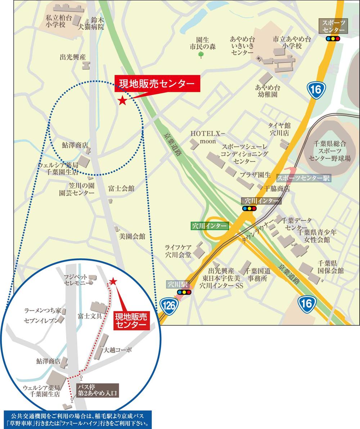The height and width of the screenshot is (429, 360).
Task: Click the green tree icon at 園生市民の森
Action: pyautogui.click(x=201, y=55)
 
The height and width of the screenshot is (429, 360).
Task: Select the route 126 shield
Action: pyautogui.click(x=169, y=306)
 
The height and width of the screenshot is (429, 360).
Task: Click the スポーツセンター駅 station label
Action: pyautogui.click(x=303, y=178)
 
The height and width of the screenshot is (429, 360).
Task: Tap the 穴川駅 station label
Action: pyautogui.click(x=178, y=284)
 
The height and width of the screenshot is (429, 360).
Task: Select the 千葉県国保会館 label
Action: pyautogui.click(x=330, y=266)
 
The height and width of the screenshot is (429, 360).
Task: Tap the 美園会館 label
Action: pyautogui.click(x=132, y=237)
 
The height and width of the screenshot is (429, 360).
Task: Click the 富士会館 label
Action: pyautogui.click(x=121, y=188)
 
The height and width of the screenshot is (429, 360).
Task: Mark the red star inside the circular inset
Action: pyautogui.click(x=113, y=281)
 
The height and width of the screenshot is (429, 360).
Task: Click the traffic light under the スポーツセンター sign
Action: pyautogui.click(x=333, y=39)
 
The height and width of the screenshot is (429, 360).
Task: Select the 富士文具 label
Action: pyautogui.click(x=90, y=316)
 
